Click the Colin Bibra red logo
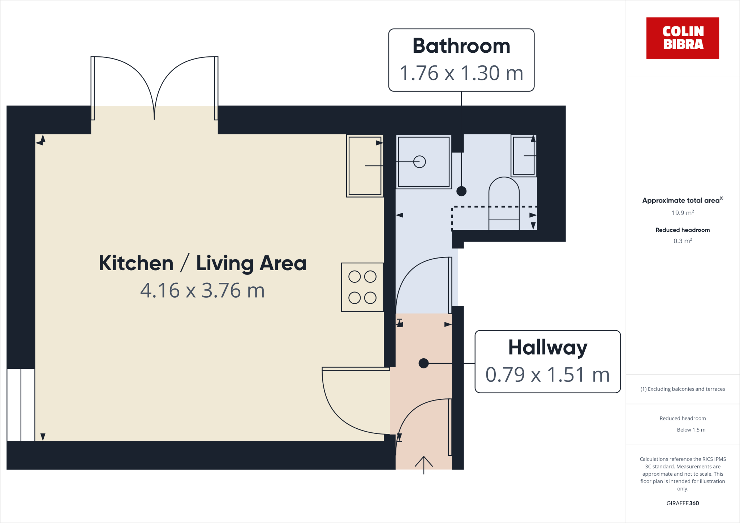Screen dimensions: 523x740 tap(682, 38)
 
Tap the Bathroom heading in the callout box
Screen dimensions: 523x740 tap(461, 46)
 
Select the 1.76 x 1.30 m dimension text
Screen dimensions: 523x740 tap(461, 73)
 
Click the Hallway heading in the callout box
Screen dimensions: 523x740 tap(547, 347)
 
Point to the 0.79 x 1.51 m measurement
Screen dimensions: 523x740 tap(547, 375)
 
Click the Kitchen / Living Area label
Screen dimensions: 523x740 tap(202, 263)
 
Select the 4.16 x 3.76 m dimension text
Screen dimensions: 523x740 tap(202, 290)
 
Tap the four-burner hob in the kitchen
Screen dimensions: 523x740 tap(362, 287)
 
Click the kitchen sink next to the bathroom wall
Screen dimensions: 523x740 tap(364, 166)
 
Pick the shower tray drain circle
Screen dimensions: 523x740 tap(419, 161)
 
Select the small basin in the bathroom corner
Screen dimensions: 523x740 tap(523, 156)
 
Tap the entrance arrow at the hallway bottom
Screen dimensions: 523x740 tap(423, 464)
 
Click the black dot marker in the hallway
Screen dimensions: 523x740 tap(423, 363)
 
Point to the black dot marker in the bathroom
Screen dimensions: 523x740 tap(461, 191)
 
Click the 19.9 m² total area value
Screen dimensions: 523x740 tap(682, 213)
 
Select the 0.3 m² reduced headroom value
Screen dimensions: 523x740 tap(682, 241)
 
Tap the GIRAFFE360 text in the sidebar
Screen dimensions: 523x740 tap(682, 503)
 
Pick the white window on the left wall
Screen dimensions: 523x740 tap(21, 405)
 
